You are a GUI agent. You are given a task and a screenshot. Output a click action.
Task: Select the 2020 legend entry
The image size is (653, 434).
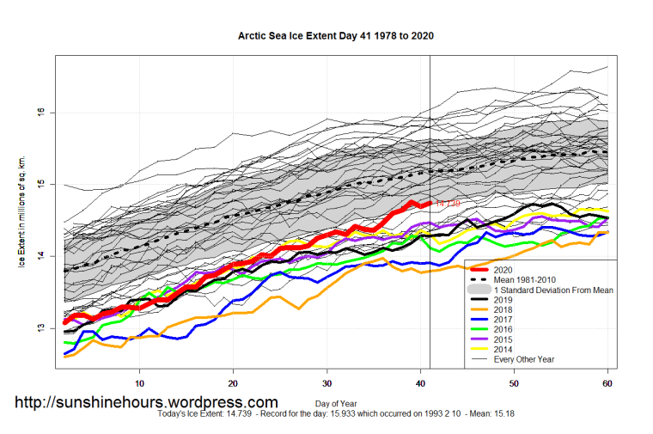[505, 270]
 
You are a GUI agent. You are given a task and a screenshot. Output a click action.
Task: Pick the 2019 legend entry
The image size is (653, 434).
[505, 301]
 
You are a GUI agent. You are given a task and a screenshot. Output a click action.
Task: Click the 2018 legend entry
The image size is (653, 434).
[505, 310]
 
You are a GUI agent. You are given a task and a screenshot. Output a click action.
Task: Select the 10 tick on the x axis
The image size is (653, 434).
[139, 382]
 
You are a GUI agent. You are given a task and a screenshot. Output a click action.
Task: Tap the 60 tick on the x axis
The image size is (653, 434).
[607, 382]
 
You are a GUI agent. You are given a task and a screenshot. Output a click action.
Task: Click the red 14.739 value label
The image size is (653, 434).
[448, 203]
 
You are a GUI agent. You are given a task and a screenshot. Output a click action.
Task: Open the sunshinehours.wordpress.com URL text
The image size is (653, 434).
[145, 402]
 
